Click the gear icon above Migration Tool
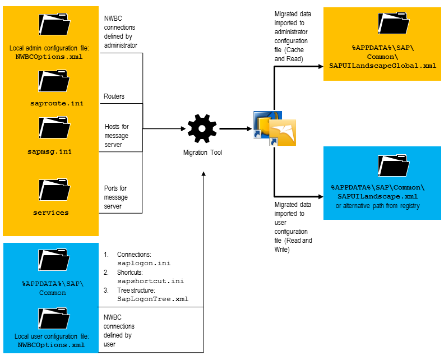pyautogui.click(x=202, y=128)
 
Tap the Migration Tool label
pyautogui.click(x=202, y=152)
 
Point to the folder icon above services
pyautogui.click(x=54, y=191)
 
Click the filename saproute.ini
pyautogui.click(x=50, y=104)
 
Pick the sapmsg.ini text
pyautogui.click(x=49, y=151)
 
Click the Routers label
pyautogui.click(x=114, y=96)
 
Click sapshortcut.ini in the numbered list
pyautogui.click(x=150, y=281)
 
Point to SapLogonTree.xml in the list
pyautogui.click(x=152, y=299)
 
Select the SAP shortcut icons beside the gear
pyautogui.click(x=274, y=129)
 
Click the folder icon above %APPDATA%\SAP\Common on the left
pyautogui.click(x=54, y=260)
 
